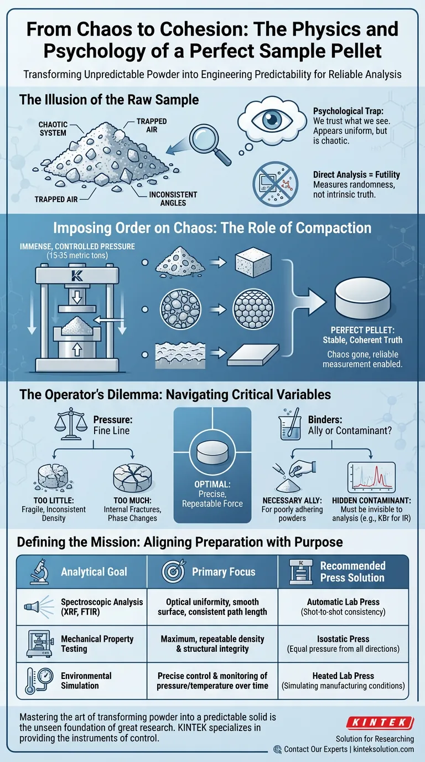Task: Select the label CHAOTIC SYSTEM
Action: [x=53, y=128]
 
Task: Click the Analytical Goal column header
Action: [x=94, y=571]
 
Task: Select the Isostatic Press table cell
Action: [x=343, y=644]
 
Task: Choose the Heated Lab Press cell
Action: [x=343, y=681]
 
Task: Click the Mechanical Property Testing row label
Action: [x=97, y=644]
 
